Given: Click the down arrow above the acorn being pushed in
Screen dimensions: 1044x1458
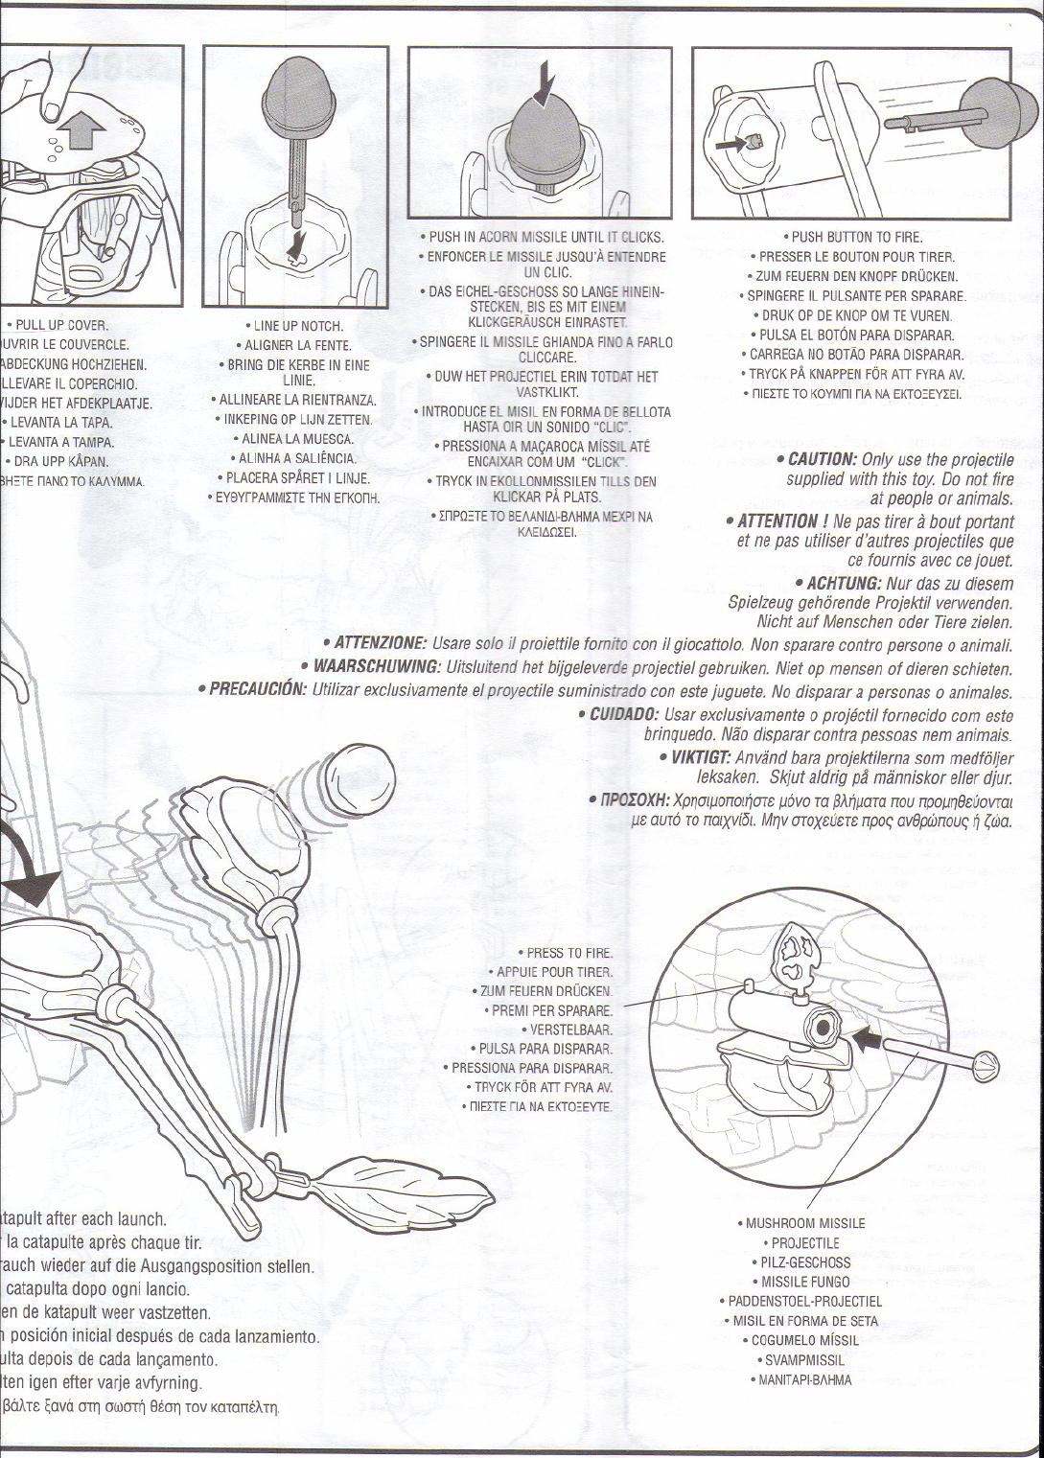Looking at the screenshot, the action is coord(545,81).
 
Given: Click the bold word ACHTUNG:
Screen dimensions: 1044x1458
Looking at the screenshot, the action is coord(844,584).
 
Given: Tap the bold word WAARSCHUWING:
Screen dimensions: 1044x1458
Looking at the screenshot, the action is coord(378,667).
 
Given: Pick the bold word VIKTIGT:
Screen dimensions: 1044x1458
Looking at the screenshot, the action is coord(700,757).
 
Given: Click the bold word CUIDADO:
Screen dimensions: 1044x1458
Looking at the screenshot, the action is coord(624,715).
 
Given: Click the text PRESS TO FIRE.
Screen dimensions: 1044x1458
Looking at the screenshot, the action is coord(570,953).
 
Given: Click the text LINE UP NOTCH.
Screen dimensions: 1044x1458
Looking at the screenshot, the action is coord(298,327).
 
